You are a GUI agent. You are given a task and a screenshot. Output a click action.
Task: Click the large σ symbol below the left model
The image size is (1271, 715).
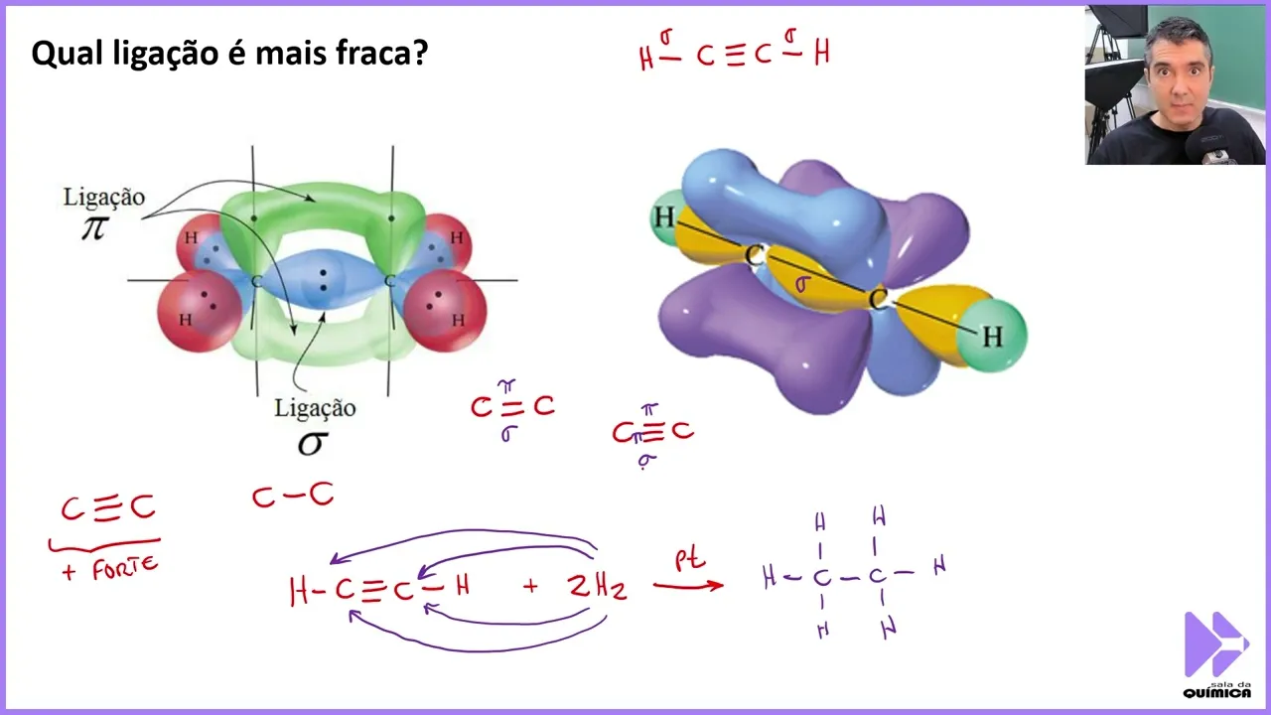(x=311, y=442)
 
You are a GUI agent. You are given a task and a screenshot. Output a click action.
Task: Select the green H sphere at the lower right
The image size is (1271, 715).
(x=991, y=337)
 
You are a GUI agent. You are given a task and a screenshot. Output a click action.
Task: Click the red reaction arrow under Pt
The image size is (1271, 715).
(x=688, y=585)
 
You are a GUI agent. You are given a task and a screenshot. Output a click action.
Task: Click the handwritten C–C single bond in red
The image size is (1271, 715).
(x=292, y=495)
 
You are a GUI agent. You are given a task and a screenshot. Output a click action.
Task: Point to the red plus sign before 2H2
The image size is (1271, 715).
(x=530, y=586)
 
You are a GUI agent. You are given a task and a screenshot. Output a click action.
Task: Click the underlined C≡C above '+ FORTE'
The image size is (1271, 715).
(x=107, y=508)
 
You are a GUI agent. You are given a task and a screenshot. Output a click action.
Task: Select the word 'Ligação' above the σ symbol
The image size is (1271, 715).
(x=315, y=407)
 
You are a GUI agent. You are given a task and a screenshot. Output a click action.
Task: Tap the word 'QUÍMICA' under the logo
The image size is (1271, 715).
(x=1216, y=692)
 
